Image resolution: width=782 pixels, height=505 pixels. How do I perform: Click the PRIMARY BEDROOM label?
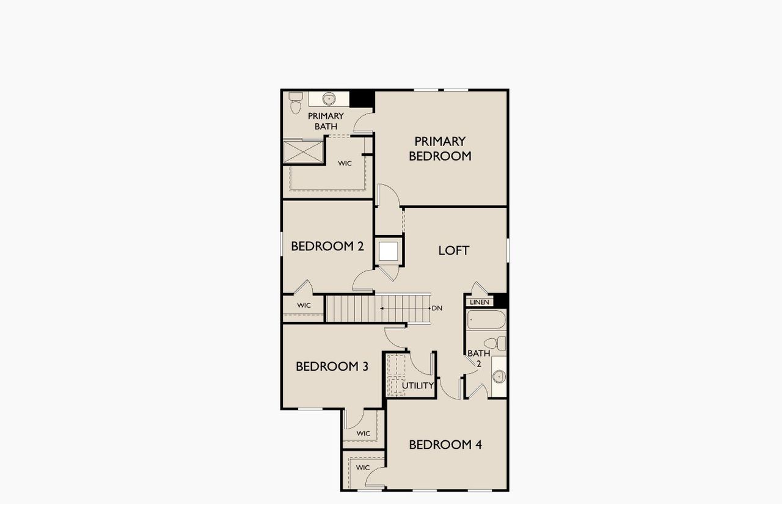[440, 148]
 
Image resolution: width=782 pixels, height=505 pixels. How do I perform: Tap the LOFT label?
[454, 250]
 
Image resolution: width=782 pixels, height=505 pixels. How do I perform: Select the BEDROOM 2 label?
[327, 246]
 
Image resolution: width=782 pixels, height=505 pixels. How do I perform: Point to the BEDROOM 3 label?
[332, 366]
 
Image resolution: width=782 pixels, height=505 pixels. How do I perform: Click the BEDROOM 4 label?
[445, 445]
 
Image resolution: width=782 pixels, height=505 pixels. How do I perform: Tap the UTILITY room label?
[418, 385]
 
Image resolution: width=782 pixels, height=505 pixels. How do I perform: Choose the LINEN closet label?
[480, 302]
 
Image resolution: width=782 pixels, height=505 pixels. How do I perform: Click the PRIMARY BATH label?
[326, 121]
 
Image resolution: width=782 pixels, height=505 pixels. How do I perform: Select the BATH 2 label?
[478, 358]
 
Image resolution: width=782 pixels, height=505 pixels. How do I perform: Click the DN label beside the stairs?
[436, 308]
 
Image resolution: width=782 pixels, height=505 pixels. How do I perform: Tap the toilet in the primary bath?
[296, 103]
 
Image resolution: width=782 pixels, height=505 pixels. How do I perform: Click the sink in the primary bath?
[329, 98]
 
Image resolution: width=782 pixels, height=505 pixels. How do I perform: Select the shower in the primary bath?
[303, 151]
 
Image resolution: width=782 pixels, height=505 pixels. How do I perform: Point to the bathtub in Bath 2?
[486, 320]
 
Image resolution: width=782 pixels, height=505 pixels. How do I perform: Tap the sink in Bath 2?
[499, 376]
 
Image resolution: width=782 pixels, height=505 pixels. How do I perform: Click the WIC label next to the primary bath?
[345, 163]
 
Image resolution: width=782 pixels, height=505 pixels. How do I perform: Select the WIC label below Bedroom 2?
[304, 305]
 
